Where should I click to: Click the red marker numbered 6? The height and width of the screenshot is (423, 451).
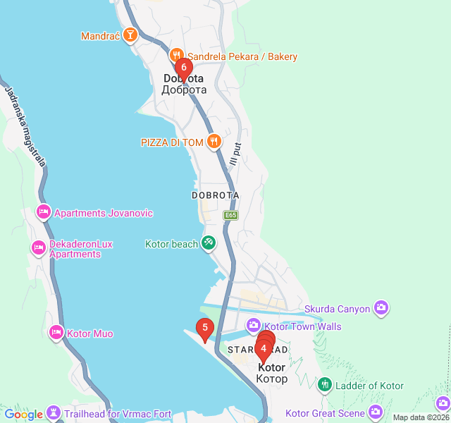(x=183, y=68)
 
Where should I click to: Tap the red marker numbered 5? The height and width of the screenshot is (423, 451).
(x=204, y=327)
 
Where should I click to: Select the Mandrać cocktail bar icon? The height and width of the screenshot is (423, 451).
(x=130, y=35)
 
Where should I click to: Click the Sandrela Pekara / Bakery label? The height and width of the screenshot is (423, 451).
(x=242, y=56)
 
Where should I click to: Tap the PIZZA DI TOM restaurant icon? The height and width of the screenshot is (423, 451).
(x=215, y=142)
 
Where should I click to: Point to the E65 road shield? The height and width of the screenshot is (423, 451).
(x=230, y=215)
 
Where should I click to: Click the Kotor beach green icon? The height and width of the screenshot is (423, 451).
(x=209, y=243)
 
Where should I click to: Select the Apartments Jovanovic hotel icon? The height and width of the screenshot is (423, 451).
(x=44, y=212)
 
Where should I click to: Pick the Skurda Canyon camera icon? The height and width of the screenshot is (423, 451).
(x=381, y=307)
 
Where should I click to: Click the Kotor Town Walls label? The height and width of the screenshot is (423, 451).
(x=303, y=326)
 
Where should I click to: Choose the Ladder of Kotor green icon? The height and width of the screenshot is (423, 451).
(x=325, y=385)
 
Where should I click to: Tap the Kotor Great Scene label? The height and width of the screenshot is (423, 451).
(x=325, y=413)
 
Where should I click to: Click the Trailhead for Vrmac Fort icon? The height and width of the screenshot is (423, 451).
(x=54, y=413)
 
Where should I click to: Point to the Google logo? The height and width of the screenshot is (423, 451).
(x=23, y=415)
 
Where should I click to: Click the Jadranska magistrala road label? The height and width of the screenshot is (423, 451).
(x=25, y=126)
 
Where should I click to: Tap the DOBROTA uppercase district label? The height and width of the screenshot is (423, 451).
(x=215, y=195)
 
